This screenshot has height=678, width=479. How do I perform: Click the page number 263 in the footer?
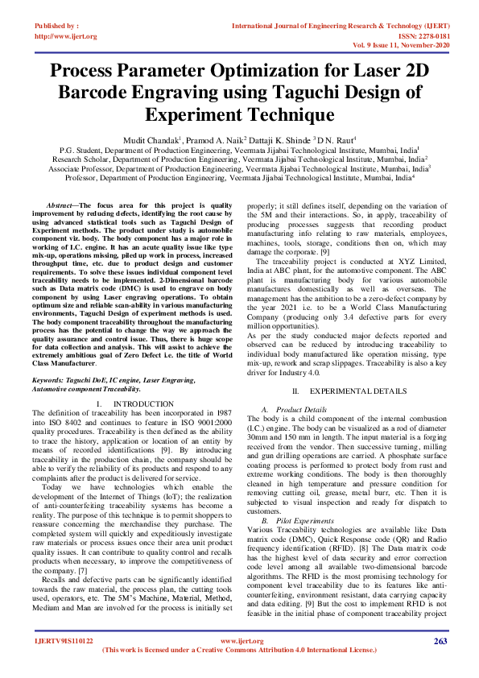pyautogui.click(x=440, y=642)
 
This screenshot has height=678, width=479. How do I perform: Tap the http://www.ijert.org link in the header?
pyautogui.click(x=67, y=36)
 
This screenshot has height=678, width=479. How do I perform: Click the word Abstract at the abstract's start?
pyautogui.click(x=61, y=206)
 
